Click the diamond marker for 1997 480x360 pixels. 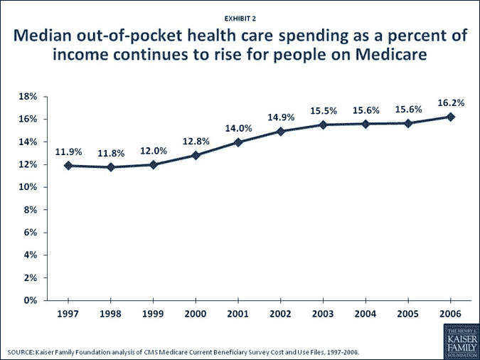(68, 166)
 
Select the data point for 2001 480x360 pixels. (238, 142)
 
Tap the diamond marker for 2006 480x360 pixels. (451, 117)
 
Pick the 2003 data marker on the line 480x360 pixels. (324, 125)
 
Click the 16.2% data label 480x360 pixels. (451, 102)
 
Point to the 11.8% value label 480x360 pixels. (111, 153)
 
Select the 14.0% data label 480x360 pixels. (238, 128)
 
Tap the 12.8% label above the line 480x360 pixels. (196, 141)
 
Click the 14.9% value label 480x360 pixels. (281, 117)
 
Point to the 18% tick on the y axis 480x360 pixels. (28, 97)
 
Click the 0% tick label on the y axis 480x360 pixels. (31, 300)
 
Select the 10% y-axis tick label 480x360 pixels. (28, 187)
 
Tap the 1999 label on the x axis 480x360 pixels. (153, 313)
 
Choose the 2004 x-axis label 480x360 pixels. (366, 313)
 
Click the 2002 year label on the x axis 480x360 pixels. (281, 313)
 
